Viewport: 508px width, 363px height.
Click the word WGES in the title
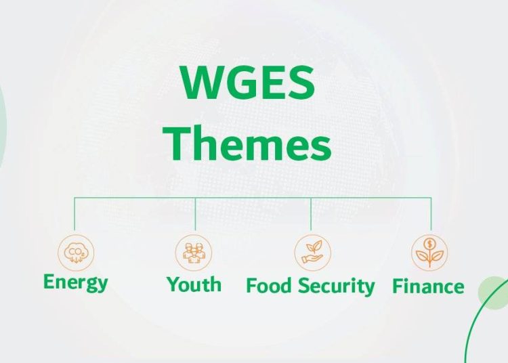[x=248, y=82]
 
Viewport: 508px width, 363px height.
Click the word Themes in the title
[x=247, y=143]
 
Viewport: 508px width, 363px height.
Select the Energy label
[x=75, y=282]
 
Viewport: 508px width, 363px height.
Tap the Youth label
[x=194, y=284]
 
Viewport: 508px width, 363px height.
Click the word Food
[x=269, y=286]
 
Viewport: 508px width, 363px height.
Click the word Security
[x=336, y=286]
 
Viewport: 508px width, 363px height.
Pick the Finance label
[x=428, y=286]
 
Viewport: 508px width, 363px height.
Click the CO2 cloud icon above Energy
[x=76, y=253]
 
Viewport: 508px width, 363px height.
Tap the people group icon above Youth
[x=194, y=253]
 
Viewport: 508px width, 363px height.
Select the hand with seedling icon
[x=313, y=253]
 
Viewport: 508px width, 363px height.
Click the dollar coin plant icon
[x=429, y=253]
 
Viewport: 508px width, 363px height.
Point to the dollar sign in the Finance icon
[x=429, y=244]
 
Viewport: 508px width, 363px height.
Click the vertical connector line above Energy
[x=75, y=214]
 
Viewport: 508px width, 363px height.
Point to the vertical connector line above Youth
[x=195, y=214]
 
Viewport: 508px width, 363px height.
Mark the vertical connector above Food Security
[x=311, y=214]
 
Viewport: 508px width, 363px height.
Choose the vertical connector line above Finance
[x=431, y=214]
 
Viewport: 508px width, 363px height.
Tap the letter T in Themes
[x=176, y=143]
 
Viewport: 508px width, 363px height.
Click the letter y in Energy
[x=102, y=285]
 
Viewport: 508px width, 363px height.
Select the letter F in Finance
[x=398, y=286]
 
